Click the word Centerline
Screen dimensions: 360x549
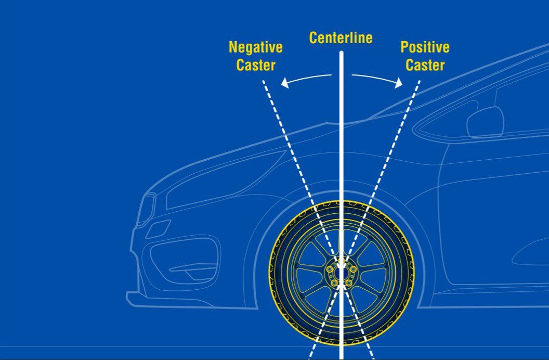click(341, 38)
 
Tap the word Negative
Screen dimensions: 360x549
click(255, 47)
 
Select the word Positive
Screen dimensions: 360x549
click(425, 47)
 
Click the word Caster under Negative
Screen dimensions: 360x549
click(255, 66)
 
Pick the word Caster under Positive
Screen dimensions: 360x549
click(425, 66)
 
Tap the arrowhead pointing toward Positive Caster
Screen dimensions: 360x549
click(399, 83)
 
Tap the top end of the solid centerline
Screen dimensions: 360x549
click(342, 52)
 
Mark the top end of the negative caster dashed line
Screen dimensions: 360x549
click(264, 81)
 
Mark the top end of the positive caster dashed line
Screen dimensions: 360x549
click(419, 81)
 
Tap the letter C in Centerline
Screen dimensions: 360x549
click(313, 38)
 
